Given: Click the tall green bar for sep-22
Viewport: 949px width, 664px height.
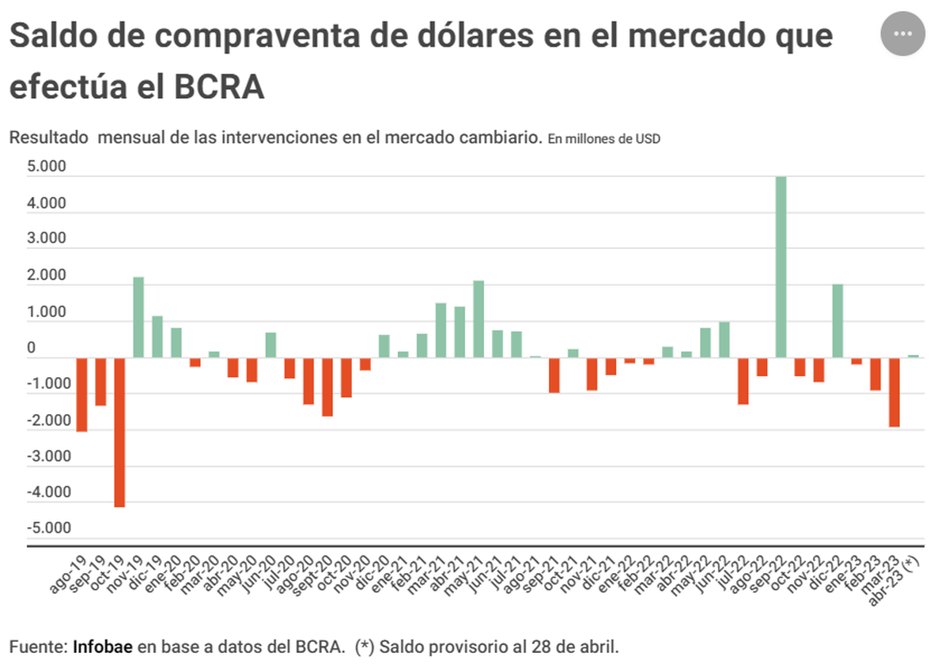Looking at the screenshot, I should tap(781, 267).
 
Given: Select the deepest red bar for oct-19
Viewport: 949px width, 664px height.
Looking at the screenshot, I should tap(119, 432).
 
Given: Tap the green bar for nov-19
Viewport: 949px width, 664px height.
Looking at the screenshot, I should tap(138, 317).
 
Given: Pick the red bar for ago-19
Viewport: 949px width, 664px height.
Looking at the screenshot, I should tap(81, 394).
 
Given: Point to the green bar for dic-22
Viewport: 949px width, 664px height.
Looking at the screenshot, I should tap(837, 321).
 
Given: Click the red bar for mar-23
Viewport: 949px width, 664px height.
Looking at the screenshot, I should tap(894, 392).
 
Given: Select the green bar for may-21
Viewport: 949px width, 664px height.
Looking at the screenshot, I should tap(478, 319).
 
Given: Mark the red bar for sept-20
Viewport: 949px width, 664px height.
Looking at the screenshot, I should tap(327, 387).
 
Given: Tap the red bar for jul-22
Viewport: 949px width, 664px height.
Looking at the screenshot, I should tap(743, 381).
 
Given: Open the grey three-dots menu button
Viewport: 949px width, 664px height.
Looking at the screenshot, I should tap(902, 34).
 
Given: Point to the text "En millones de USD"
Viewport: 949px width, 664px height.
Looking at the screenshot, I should tap(603, 139).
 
